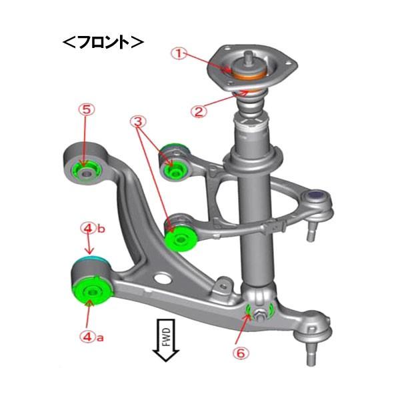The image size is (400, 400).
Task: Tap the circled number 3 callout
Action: tap(138, 122)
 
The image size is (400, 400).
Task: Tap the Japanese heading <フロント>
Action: tap(103, 42)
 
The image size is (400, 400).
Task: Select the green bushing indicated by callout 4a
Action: tap(89, 291)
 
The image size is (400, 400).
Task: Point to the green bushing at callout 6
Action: tap(253, 310)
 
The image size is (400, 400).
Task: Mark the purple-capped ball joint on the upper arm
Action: tap(317, 196)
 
